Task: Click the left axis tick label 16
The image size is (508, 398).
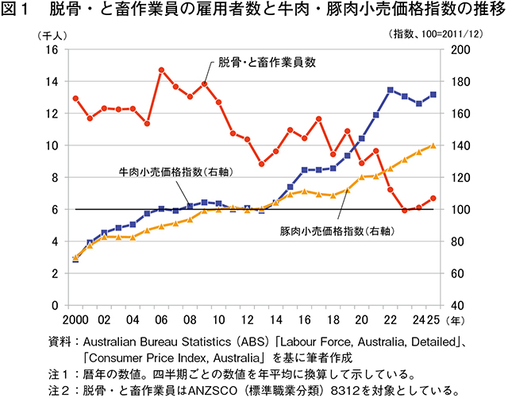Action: coord(53,49)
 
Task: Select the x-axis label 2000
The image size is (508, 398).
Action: coord(72,321)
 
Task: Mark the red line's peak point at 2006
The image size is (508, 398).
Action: coord(161,70)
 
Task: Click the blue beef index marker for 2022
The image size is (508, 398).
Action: coord(390,90)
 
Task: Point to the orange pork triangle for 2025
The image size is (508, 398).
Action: coord(433,145)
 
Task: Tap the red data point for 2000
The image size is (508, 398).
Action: coord(75,99)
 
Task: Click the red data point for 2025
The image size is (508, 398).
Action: coord(433,198)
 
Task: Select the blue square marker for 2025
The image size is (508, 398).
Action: coord(433,95)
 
